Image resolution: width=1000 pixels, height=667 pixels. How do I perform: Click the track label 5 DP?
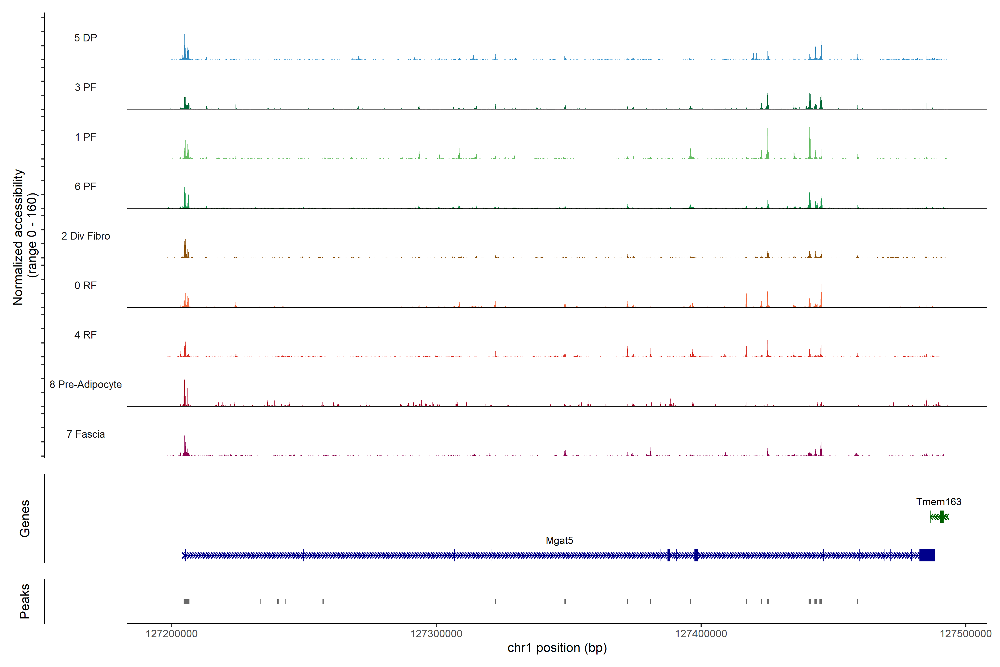(x=86, y=38)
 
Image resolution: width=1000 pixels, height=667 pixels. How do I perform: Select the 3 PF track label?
(x=86, y=87)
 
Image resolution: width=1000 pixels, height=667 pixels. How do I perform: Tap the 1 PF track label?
(x=86, y=137)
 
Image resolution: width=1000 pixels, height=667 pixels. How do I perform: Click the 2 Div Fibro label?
(x=86, y=236)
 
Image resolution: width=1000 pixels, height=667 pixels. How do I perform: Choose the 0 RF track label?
(x=86, y=285)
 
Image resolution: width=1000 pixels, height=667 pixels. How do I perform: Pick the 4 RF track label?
(x=86, y=335)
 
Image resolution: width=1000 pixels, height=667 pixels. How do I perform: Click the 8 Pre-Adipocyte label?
(x=86, y=385)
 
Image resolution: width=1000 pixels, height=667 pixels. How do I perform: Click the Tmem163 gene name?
(x=938, y=502)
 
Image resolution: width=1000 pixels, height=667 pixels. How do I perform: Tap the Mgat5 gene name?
(x=559, y=541)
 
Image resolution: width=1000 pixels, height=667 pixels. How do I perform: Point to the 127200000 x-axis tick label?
(x=171, y=634)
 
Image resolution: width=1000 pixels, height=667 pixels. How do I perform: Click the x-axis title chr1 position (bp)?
(x=557, y=648)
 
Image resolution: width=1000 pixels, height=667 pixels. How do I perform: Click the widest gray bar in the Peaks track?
(x=186, y=601)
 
